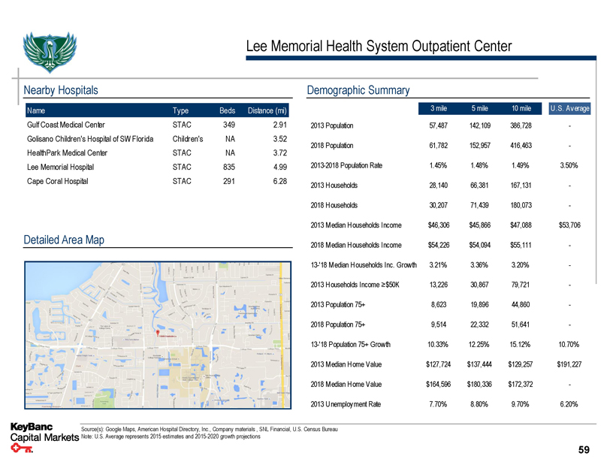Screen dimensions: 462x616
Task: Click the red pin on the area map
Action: (157, 333)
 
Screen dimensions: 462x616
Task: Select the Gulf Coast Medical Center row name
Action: (66, 125)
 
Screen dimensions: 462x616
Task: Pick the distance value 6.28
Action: (279, 181)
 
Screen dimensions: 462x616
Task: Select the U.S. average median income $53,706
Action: (570, 225)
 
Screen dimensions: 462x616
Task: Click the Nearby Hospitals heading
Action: (62, 90)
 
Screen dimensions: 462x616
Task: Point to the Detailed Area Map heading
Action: (65, 240)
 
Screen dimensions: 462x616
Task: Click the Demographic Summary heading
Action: (358, 90)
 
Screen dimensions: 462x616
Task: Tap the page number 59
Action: (584, 450)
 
